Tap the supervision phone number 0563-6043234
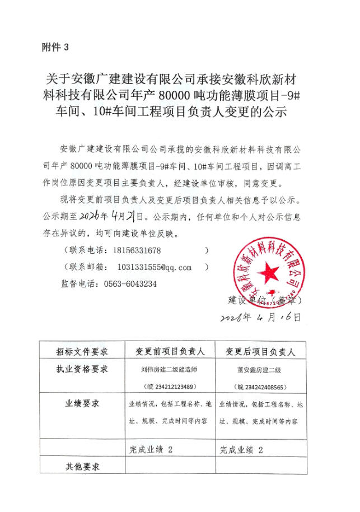(x=130, y=283)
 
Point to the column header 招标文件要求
(x=82, y=351)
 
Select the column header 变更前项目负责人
(x=170, y=351)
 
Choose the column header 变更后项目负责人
(x=260, y=351)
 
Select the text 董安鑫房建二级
(x=259, y=370)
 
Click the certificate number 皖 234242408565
(x=259, y=387)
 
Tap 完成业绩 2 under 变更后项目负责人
(x=241, y=449)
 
